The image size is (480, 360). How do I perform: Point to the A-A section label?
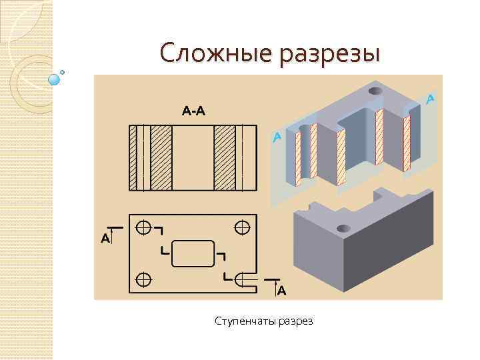194,111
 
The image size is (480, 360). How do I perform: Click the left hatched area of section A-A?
162,157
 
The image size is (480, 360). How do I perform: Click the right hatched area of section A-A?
224,157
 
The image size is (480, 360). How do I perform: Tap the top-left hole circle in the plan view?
143,227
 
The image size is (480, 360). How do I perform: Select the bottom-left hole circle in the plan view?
143,277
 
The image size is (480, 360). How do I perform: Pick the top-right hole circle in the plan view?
242,227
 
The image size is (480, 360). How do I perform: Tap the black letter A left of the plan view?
105,237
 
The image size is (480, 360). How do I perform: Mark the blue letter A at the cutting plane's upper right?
431,99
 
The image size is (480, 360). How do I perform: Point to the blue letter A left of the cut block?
277,137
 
